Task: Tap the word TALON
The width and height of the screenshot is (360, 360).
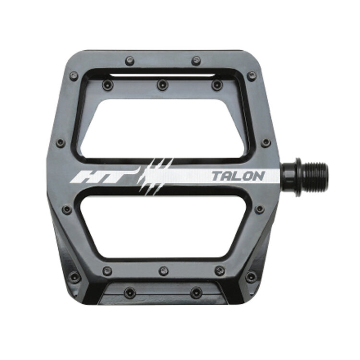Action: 238,176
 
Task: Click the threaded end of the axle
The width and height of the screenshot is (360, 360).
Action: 317,176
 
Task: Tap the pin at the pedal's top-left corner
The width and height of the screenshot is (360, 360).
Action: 73,76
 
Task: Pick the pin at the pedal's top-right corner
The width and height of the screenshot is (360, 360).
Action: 252,76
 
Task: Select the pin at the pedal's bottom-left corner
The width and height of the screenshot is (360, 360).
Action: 73,277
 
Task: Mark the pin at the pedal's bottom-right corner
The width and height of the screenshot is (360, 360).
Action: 251,276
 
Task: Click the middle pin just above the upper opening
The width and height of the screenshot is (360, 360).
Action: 163,84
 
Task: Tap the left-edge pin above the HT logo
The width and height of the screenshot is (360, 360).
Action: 60,143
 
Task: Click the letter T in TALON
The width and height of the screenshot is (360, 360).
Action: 217,176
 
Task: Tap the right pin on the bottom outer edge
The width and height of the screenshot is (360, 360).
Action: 196,292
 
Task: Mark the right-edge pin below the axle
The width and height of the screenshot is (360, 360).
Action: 260,210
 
